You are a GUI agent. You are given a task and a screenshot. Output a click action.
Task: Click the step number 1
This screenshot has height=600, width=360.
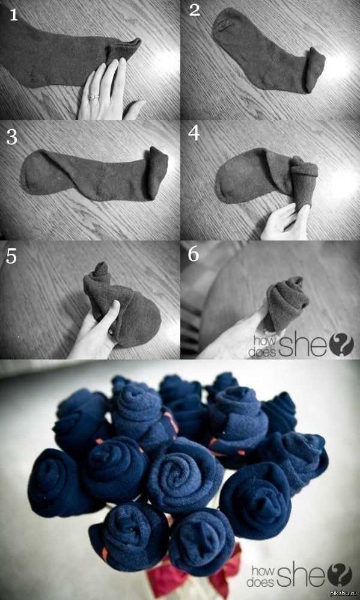click(13, 14)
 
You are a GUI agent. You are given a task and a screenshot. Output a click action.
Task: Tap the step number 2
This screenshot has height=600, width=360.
click(195, 10)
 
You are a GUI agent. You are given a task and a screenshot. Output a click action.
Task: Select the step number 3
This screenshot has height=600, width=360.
click(11, 136)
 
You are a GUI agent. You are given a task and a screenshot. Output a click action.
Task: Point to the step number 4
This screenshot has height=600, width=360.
click(194, 133)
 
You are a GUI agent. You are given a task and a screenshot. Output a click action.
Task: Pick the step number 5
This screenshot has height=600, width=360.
click(11, 257)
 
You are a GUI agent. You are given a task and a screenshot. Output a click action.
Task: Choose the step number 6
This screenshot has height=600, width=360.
click(194, 254)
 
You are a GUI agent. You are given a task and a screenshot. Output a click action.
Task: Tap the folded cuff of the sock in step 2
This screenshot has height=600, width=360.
click(314, 70)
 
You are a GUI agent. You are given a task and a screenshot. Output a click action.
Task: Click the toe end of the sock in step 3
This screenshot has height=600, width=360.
click(31, 172)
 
